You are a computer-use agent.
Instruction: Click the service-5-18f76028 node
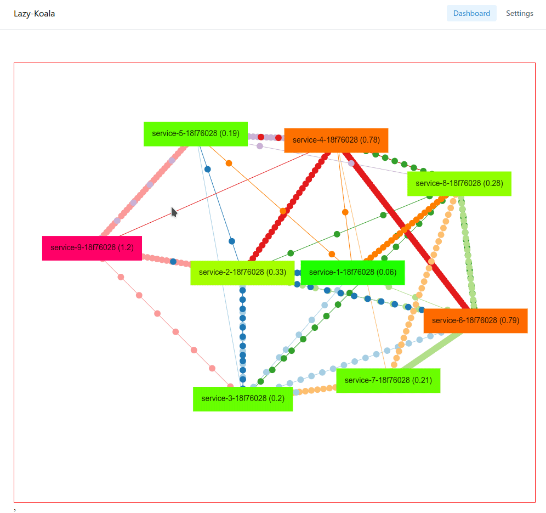coord(195,134)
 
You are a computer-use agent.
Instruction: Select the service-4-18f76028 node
coord(336,140)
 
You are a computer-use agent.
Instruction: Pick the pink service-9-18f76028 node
coord(92,248)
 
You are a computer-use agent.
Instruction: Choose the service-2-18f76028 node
coord(242,273)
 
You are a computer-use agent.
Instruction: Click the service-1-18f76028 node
coord(352,273)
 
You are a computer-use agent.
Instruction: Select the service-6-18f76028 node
coord(475,321)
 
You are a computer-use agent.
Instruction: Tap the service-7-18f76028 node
coord(388,381)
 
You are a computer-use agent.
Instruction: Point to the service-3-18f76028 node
coord(242,399)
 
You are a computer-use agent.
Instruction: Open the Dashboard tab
coord(471,13)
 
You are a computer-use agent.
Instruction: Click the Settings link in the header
coord(519,13)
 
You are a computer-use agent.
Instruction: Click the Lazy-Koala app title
coord(34,13)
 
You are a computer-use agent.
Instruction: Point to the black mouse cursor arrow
coord(174,212)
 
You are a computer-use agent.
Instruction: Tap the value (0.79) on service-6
coord(509,321)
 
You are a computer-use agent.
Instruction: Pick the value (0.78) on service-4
coord(369,140)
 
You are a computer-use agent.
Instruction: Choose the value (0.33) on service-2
coord(276,273)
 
